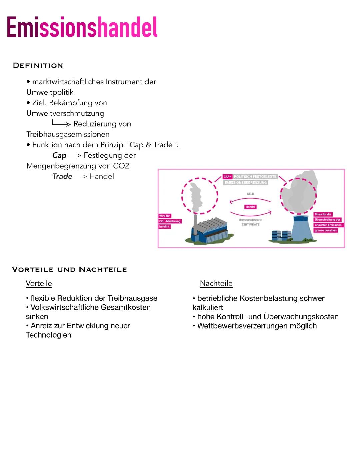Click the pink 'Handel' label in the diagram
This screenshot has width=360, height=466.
[250, 207]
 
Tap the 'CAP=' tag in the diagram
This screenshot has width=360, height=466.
[227, 177]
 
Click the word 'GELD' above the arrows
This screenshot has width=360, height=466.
[250, 194]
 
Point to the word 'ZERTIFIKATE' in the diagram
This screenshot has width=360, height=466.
[250, 225]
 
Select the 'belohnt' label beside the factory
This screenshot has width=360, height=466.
[165, 227]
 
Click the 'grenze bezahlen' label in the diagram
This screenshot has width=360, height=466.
[326, 230]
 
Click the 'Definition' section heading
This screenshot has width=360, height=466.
[38, 66]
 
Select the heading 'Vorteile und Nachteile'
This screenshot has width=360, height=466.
[69, 270]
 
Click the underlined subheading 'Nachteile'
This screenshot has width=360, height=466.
[216, 284]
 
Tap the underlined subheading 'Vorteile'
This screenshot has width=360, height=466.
[39, 284]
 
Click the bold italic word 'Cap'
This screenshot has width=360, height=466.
[59, 155]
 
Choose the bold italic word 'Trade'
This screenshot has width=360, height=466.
[62, 176]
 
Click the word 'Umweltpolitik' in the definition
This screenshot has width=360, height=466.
[50, 92]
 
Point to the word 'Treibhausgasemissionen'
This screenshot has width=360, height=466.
[68, 134]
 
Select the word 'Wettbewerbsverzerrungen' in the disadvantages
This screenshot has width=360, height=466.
[239, 326]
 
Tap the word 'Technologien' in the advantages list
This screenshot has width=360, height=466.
[49, 335]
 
